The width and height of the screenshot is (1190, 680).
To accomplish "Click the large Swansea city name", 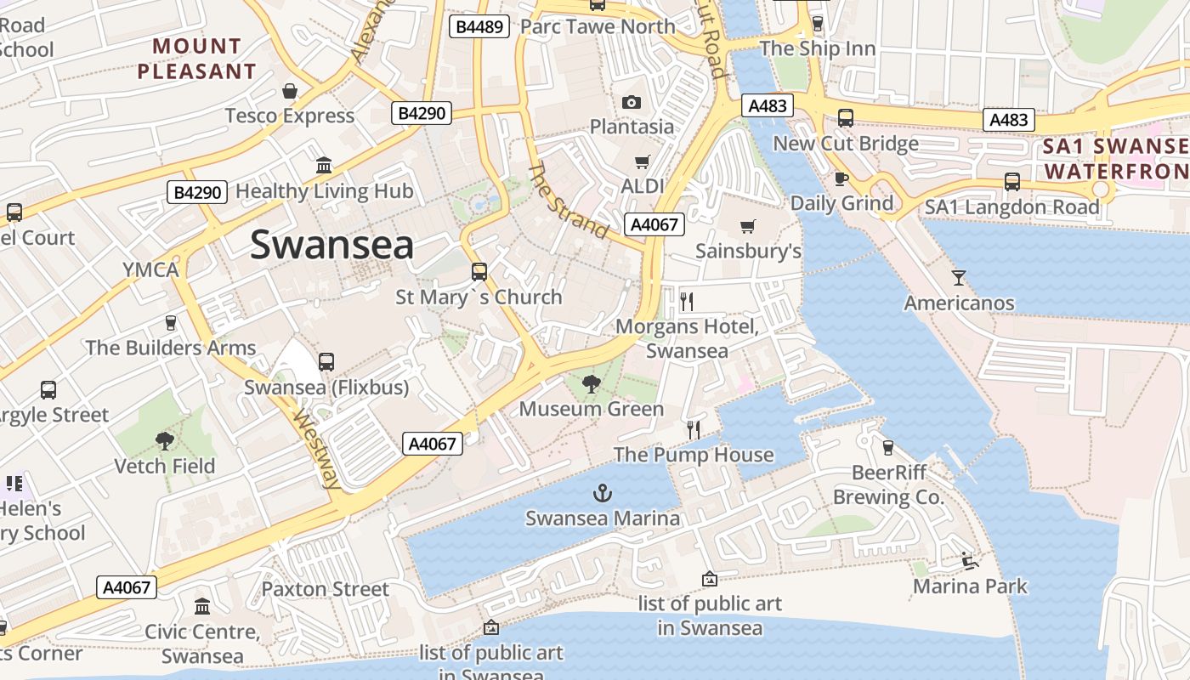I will pos(331,245).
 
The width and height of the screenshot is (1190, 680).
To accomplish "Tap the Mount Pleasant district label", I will pos(197,59).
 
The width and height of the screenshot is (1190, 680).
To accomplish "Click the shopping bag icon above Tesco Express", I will pos(290,91).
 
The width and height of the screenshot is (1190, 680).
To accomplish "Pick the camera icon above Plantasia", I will pos(631,103).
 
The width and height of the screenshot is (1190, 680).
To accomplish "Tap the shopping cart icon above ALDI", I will pos(643,161).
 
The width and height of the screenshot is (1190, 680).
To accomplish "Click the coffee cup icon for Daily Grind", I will pos(841,178).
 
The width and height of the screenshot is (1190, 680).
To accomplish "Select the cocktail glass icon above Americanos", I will pos(959,278).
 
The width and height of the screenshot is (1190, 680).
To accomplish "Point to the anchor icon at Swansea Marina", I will pos(602,493).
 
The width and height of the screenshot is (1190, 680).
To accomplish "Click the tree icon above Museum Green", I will pos(591,384).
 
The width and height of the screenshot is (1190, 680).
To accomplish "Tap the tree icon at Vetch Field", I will pos(165,441).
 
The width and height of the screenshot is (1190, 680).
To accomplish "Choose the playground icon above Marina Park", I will pos(969,561).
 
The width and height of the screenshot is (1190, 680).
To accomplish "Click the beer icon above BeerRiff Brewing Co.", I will pos(888,447).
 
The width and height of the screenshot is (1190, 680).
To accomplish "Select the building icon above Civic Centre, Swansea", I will pos(202,607).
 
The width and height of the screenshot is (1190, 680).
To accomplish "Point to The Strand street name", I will pos(568,201).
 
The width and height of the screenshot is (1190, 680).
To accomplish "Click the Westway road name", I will pos(316,449).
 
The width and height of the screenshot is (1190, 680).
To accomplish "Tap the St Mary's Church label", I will pos(479,297).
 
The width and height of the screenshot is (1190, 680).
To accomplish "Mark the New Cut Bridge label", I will pos(845,144).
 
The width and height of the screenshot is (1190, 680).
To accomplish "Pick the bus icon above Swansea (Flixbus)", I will pos(326,362).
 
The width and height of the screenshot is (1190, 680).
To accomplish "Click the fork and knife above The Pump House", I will pos(694,429).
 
